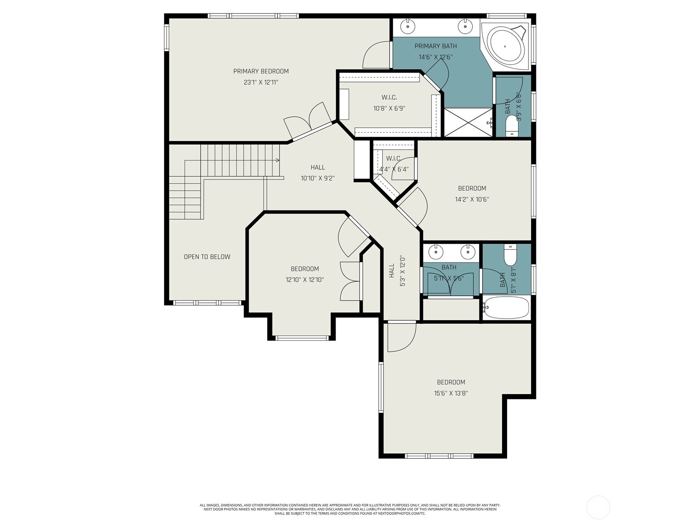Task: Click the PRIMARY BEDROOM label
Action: tap(261, 71)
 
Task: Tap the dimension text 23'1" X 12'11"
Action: tap(261, 82)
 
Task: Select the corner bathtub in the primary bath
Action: tap(506, 46)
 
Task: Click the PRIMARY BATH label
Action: tap(435, 46)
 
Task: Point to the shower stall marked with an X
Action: tap(468, 122)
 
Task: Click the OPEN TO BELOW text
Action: tap(207, 257)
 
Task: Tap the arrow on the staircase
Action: tap(277, 160)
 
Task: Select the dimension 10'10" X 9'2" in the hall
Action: tap(318, 178)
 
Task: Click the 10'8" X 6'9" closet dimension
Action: tap(389, 108)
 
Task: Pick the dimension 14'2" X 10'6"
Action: tap(472, 199)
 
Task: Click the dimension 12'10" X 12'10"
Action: tap(304, 280)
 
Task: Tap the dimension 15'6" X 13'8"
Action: tap(451, 393)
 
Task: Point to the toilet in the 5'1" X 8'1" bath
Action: tap(511, 255)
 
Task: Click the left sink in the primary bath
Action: tap(408, 27)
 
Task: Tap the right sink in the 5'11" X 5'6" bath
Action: tap(468, 252)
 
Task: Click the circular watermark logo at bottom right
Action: tap(598, 507)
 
